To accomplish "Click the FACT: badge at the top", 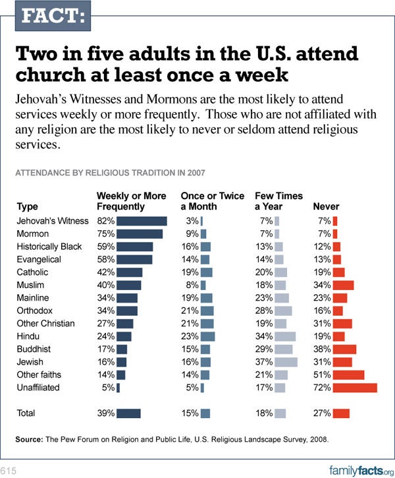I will tap(45, 16).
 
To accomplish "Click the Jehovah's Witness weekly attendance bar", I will tap(142, 221).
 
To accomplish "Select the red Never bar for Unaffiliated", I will tap(355, 388).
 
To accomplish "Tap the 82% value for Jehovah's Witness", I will tap(106, 221).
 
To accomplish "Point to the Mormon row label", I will tap(32, 233).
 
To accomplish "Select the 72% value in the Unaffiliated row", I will tap(323, 388).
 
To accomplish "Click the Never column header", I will tap(326, 206).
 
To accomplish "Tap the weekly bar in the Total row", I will tap(129, 413).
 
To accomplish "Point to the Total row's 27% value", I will tap(323, 413).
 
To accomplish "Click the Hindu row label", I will tap(28, 336).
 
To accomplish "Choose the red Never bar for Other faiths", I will tap(349, 374).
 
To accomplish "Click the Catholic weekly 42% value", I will tap(106, 272).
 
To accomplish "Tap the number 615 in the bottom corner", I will tap(9, 469).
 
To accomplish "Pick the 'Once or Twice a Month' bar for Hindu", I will tap(208, 336).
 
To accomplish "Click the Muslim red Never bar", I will tap(344, 285).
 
